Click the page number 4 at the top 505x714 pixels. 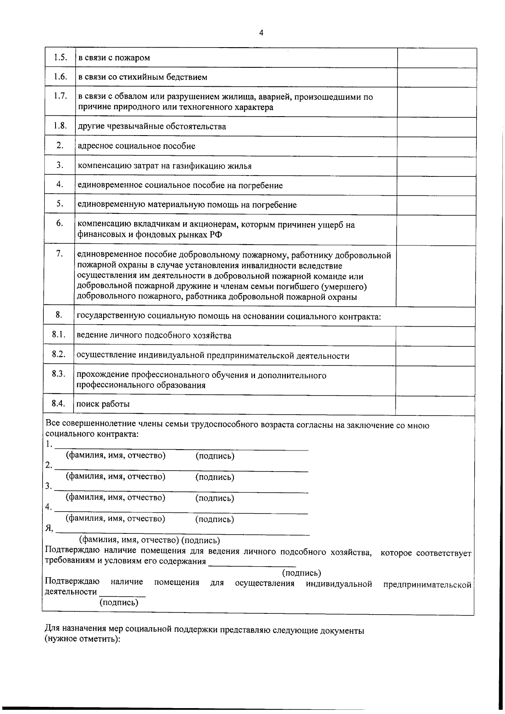click(x=261, y=33)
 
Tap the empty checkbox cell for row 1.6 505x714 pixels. click(x=436, y=77)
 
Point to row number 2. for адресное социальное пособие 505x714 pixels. click(x=60, y=145)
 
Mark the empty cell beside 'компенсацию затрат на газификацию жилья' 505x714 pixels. click(x=436, y=166)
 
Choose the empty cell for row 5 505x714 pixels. click(x=436, y=205)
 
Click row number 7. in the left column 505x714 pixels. click(x=60, y=253)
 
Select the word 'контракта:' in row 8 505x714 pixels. click(x=361, y=317)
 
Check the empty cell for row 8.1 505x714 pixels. click(x=435, y=336)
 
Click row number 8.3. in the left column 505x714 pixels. click(x=58, y=374)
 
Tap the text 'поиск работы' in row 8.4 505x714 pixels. click(x=103, y=404)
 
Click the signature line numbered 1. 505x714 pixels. click(x=181, y=447)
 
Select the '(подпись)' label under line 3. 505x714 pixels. click(x=215, y=498)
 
